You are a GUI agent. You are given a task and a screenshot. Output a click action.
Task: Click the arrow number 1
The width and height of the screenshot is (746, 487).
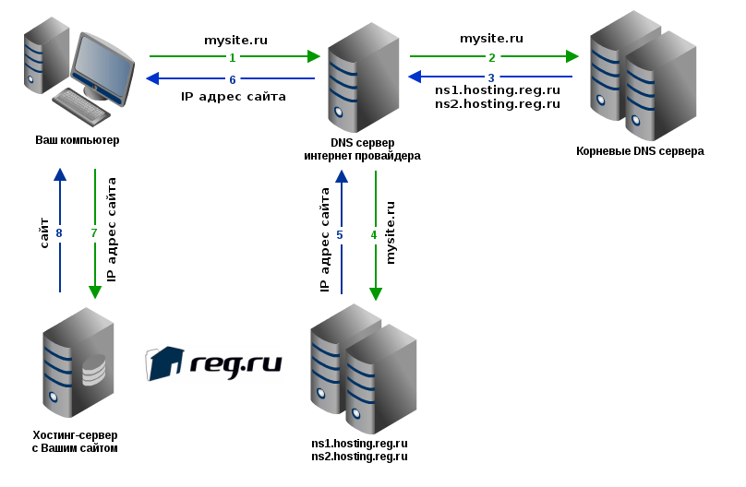tap(233, 57)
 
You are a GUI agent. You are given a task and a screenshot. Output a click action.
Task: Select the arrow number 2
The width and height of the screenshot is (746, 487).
tap(491, 57)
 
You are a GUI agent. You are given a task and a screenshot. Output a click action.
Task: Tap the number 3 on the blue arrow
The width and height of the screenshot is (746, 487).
tap(491, 77)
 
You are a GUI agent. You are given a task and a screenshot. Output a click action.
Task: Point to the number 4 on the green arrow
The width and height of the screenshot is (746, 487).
tap(374, 234)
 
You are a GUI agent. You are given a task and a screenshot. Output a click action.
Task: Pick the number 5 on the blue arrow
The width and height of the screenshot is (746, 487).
tap(340, 234)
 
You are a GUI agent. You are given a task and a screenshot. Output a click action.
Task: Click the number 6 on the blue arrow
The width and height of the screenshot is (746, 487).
tap(233, 78)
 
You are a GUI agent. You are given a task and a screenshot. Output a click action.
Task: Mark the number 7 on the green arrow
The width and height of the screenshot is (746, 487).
tap(94, 233)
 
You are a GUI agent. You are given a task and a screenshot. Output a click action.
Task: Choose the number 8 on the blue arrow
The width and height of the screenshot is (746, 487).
tap(59, 233)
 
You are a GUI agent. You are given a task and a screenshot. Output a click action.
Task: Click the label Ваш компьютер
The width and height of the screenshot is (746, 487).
tap(78, 140)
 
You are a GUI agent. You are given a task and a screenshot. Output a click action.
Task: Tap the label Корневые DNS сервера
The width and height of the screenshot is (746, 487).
tap(640, 150)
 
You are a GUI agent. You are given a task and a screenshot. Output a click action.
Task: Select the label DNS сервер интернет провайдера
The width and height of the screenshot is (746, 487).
tap(362, 149)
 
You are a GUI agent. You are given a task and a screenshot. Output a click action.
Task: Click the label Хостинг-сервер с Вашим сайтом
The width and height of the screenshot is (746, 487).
tap(75, 441)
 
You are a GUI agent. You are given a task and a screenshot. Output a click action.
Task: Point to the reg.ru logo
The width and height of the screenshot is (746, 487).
tap(213, 363)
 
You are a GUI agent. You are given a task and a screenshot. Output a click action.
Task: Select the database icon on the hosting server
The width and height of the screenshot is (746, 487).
tap(94, 370)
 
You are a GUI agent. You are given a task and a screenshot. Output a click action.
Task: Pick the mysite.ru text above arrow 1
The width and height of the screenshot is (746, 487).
tap(235, 40)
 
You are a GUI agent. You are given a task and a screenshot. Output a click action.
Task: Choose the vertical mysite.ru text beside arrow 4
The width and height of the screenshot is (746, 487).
tap(390, 232)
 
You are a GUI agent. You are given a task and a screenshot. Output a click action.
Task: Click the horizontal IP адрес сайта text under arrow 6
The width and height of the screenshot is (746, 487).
tap(233, 95)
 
